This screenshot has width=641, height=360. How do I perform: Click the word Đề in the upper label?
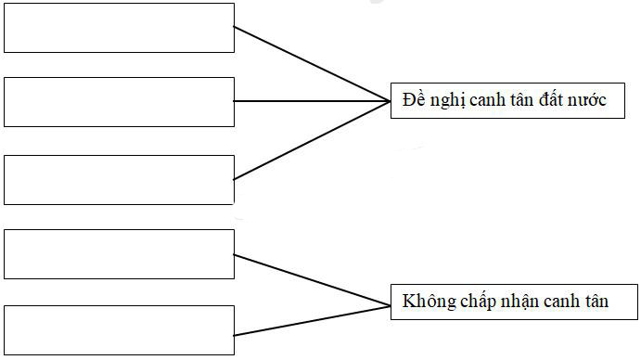pos(413,100)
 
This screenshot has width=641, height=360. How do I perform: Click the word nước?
pos(591,100)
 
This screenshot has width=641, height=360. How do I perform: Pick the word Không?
pos(426,302)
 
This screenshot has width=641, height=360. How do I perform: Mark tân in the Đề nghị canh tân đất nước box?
pos(526,100)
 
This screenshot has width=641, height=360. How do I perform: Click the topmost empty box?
pos(119,28)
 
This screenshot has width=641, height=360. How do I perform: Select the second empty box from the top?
pos(119,102)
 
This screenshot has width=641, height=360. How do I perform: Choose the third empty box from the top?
pos(119,179)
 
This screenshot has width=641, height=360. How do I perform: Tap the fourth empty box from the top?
pos(119,253)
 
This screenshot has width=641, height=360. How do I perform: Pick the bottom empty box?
pos(119,328)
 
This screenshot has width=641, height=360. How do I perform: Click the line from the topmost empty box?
pos(311,63)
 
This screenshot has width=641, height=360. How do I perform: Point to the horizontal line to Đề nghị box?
pos(311,101)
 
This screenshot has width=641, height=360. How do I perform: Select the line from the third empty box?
pos(311,140)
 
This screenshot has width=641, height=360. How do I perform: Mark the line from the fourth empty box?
pos(311,279)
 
